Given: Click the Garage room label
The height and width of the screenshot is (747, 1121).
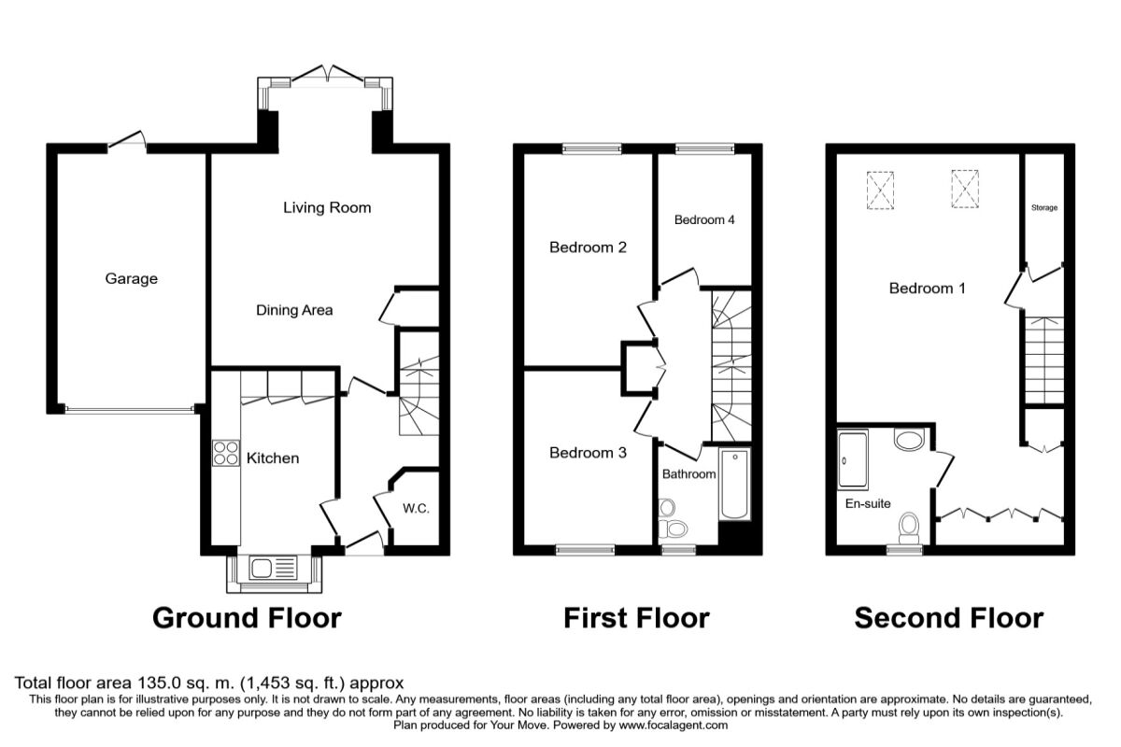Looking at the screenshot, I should click(x=131, y=278).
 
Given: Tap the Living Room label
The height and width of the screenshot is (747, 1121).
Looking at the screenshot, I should click(x=327, y=207).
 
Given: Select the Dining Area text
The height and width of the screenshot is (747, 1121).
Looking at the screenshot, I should click(x=294, y=310).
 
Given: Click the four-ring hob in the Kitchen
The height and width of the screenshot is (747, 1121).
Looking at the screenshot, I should click(x=225, y=453).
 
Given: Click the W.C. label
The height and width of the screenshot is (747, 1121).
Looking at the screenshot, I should click(x=415, y=509).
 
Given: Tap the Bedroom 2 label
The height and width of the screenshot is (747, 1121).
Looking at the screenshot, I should click(x=587, y=247).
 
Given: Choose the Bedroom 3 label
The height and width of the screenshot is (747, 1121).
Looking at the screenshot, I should click(x=587, y=453).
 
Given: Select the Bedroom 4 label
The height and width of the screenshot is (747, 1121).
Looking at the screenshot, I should click(x=704, y=220).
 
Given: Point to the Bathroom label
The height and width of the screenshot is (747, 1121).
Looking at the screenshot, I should click(x=688, y=474).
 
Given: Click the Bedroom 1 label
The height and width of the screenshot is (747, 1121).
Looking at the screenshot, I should click(x=927, y=289).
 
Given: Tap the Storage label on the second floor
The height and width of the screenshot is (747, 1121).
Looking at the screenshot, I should click(x=1044, y=207).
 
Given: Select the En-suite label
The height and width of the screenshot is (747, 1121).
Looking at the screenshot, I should click(x=867, y=503).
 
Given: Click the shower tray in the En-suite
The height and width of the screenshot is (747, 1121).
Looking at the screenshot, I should click(x=854, y=459).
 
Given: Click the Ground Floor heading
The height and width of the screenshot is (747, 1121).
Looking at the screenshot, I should click(x=247, y=617).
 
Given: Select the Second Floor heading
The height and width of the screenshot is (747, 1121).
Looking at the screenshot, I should click(x=949, y=617).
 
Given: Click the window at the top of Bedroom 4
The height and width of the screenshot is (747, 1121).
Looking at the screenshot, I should click(x=704, y=148).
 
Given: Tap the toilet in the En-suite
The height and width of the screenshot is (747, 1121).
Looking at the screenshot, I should click(x=907, y=529).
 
